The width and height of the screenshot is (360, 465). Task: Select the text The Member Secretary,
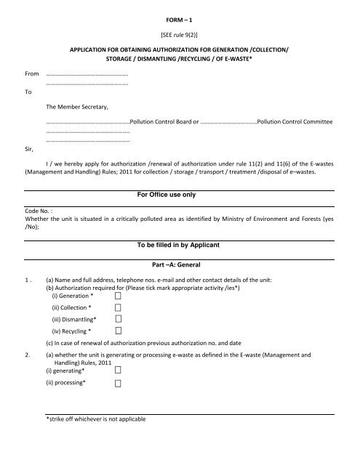click(76, 108)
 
